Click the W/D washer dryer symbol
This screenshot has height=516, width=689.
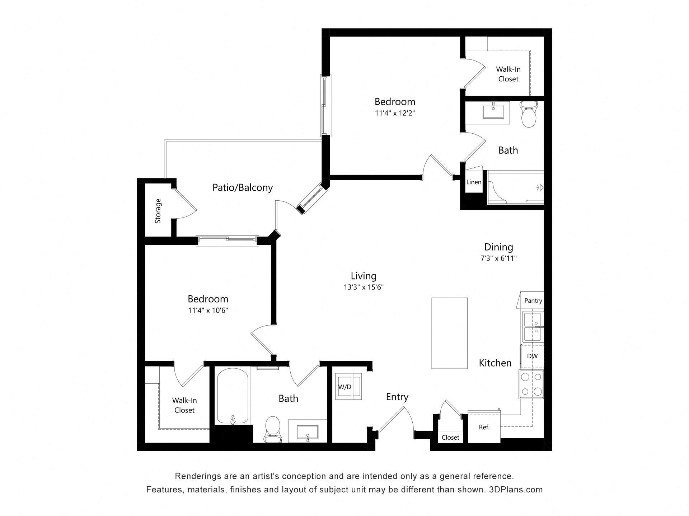[348, 386]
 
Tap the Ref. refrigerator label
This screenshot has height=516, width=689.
[484, 427]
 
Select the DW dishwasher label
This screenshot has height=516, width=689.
[532, 356]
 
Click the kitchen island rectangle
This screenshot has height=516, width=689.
[449, 333]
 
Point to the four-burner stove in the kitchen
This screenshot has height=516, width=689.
[531, 384]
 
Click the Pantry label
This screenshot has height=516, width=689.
[533, 301]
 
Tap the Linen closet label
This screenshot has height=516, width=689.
[474, 182]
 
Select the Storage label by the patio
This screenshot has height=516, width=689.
[158, 211]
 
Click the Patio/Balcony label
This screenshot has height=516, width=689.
[243, 187]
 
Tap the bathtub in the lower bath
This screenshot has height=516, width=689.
[233, 396]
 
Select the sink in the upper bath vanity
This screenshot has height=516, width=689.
[494, 111]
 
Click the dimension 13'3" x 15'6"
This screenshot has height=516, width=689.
[364, 287]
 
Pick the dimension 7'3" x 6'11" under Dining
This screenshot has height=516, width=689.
[498, 258]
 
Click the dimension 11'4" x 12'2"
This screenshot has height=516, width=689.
[395, 113]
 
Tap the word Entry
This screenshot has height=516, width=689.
[397, 397]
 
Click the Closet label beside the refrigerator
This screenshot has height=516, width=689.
[450, 438]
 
